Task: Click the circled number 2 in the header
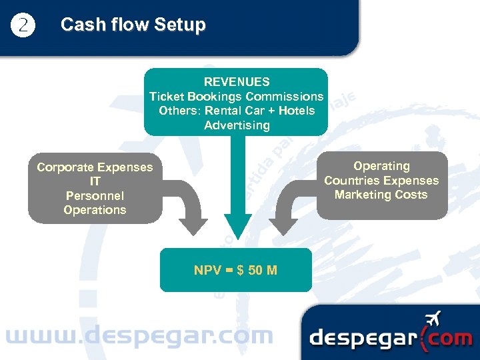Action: (23, 25)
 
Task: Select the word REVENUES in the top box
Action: (237, 82)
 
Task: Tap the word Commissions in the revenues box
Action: (291, 97)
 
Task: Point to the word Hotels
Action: (297, 111)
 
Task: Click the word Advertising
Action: (237, 125)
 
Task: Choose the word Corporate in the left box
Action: (66, 167)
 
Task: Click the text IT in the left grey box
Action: (95, 181)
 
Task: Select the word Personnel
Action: (95, 196)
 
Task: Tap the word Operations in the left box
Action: (95, 210)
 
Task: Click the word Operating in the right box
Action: (381, 166)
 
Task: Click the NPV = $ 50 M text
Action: (235, 270)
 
